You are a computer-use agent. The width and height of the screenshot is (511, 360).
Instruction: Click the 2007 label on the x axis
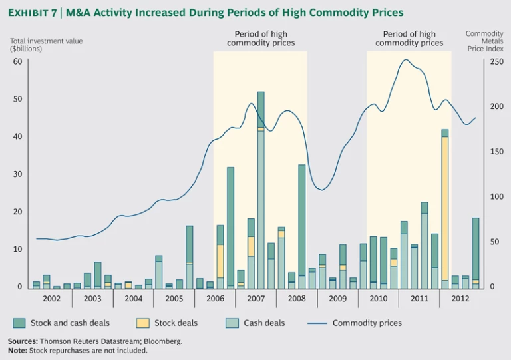click(255, 299)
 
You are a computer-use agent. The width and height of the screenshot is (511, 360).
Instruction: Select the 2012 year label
click(460, 299)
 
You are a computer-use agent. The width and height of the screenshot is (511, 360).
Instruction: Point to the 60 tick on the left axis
click(17, 61)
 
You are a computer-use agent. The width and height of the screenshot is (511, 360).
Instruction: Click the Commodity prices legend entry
click(367, 323)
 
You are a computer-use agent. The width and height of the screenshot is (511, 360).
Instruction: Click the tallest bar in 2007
click(261, 193)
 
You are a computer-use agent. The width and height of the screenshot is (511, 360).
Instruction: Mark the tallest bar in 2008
click(301, 220)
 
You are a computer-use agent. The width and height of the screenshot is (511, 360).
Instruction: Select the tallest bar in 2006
click(230, 226)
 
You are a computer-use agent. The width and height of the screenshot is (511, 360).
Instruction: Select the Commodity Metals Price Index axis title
click(484, 42)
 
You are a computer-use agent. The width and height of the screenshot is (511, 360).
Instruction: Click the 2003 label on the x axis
click(92, 299)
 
